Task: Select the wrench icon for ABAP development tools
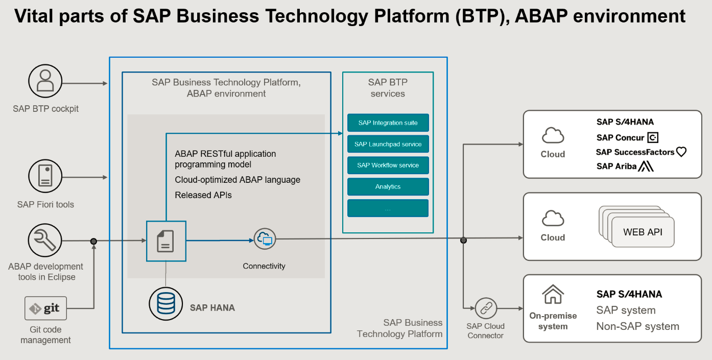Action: pos(45,241)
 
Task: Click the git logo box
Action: pos(45,308)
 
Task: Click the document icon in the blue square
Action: pos(165,241)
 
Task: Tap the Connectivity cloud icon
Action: pos(265,238)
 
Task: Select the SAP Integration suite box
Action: pos(388,123)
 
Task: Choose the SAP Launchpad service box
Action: pos(388,145)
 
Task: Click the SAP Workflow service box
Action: pos(388,165)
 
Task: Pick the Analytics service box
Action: pos(388,187)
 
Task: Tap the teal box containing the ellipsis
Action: pos(388,208)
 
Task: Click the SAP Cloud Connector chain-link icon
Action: pos(485,308)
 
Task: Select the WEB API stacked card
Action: pos(643,232)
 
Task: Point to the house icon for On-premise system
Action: pos(553,295)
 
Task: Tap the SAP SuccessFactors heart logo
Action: pos(681,152)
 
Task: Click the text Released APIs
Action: pos(203,195)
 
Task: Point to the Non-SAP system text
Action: pos(637,326)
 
